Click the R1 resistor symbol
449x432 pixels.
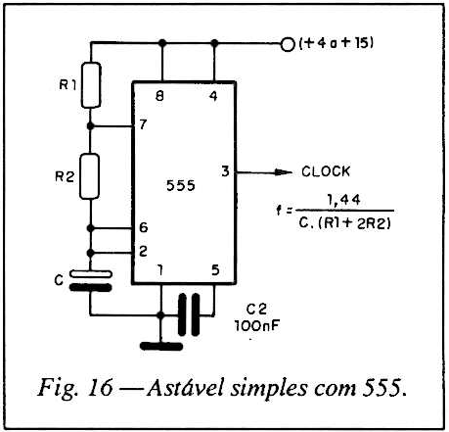click(x=91, y=85)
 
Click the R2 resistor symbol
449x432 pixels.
click(x=90, y=176)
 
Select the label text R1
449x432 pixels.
click(x=67, y=85)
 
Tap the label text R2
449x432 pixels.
click(x=65, y=176)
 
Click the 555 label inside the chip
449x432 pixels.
click(x=181, y=185)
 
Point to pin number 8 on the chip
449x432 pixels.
click(x=159, y=96)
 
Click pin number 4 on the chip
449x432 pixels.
click(x=213, y=96)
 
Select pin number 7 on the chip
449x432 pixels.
click(x=143, y=124)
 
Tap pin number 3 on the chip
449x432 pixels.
click(x=225, y=171)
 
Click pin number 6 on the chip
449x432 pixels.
click(x=144, y=227)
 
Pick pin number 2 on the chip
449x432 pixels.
click(x=143, y=251)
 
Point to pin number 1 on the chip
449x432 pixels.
click(x=160, y=270)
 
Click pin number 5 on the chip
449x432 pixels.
click(x=215, y=270)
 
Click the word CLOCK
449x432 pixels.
click(x=326, y=171)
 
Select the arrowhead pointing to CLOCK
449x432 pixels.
click(x=283, y=172)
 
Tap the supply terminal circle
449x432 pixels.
click(x=288, y=44)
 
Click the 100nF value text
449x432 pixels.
click(x=257, y=325)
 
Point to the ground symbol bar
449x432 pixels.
click(x=161, y=347)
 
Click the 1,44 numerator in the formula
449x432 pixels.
click(x=344, y=200)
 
